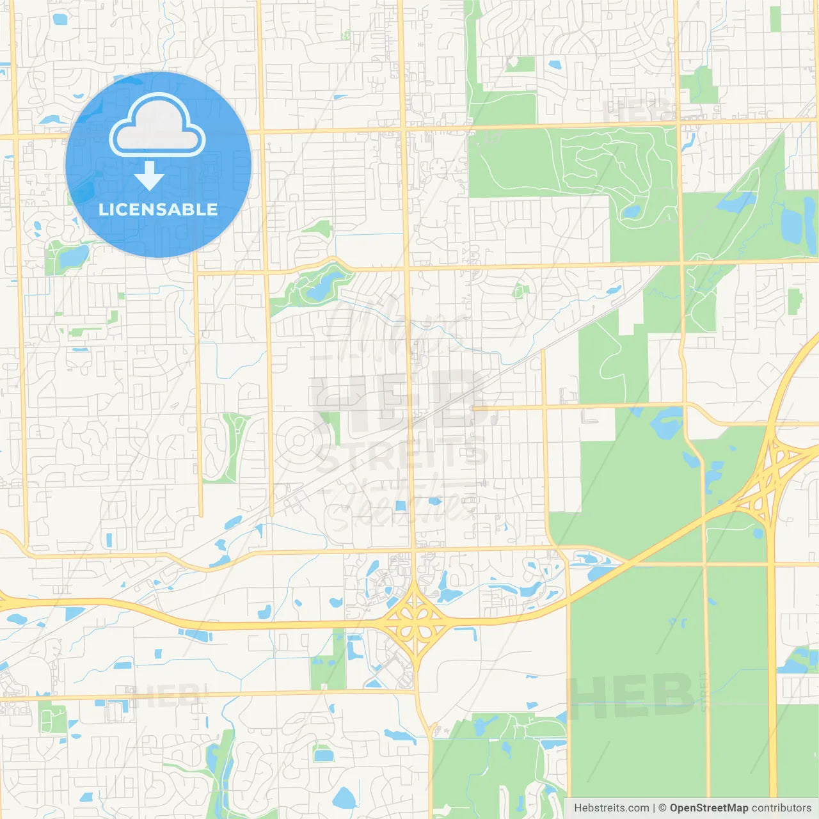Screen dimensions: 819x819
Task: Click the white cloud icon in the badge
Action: (157, 126)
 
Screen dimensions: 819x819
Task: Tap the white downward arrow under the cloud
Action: (149, 176)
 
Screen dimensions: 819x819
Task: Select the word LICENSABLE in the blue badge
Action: (158, 209)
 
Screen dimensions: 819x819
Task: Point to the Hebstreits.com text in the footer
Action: (611, 808)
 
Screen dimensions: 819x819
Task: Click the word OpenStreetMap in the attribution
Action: (708, 808)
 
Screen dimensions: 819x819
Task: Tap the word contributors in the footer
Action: (781, 808)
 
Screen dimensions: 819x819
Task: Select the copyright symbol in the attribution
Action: (662, 808)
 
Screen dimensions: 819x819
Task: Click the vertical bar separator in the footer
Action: (653, 808)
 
